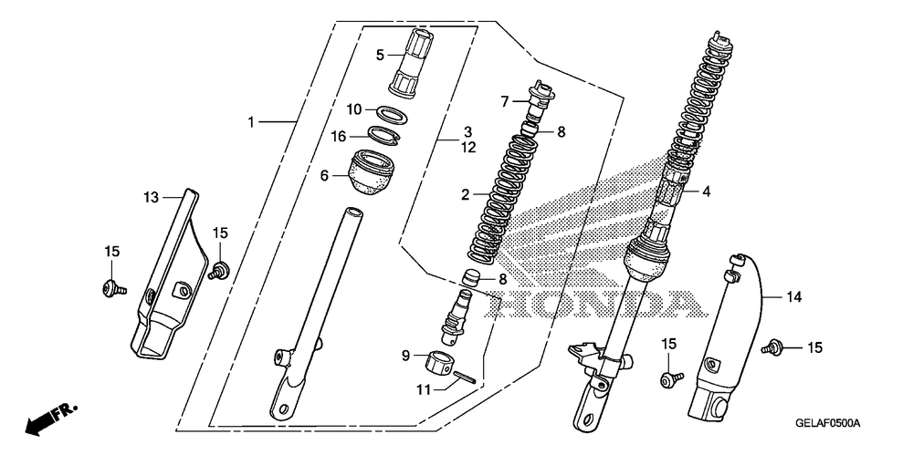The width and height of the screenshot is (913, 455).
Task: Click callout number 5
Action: (x=381, y=55)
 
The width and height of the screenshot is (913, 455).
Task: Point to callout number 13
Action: (x=151, y=197)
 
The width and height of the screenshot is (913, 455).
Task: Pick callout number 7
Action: (x=504, y=101)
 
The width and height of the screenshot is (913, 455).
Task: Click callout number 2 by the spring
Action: (x=465, y=194)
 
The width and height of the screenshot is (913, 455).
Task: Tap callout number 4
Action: (x=705, y=191)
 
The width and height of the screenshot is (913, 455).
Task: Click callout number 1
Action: (x=253, y=121)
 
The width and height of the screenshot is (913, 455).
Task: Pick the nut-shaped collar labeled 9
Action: (x=440, y=362)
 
